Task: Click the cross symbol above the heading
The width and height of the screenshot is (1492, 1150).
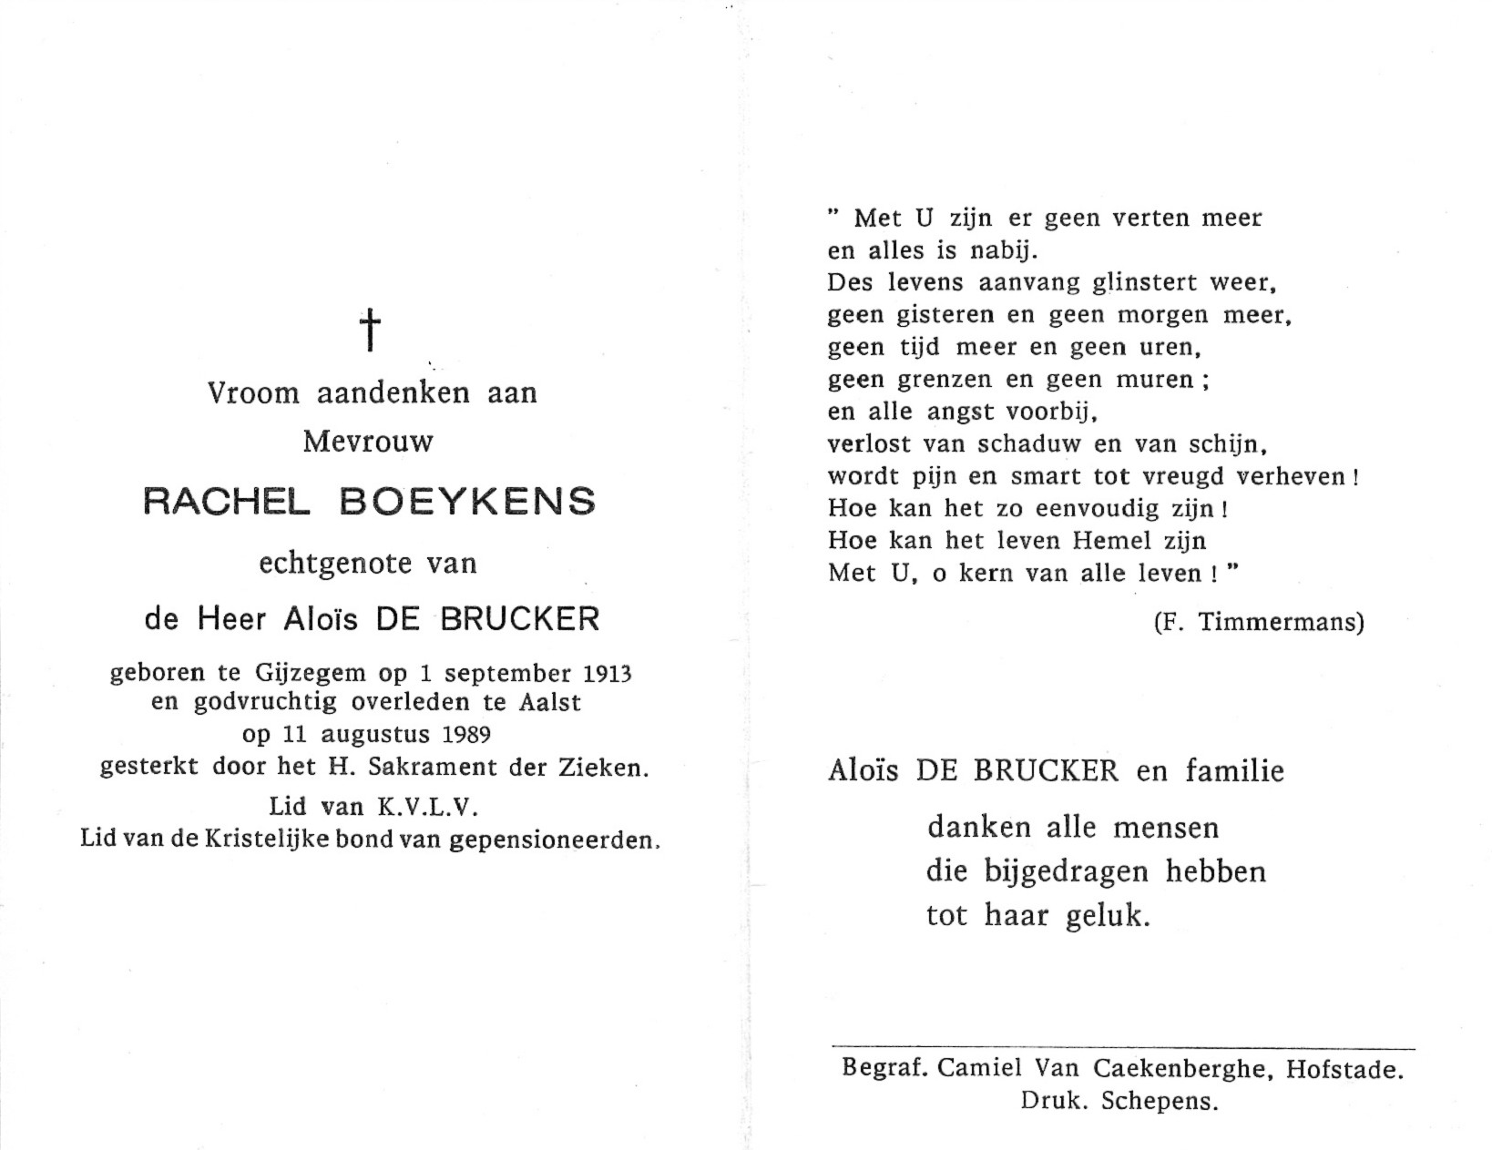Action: pyautogui.click(x=369, y=329)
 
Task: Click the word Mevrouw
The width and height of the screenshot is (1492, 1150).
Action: pyautogui.click(x=368, y=442)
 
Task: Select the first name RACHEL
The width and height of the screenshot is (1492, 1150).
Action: pyautogui.click(x=224, y=503)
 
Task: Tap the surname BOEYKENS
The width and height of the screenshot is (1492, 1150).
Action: pyautogui.click(x=469, y=503)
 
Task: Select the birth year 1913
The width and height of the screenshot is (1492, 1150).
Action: pyautogui.click(x=605, y=674)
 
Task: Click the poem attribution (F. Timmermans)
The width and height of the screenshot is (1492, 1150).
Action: pyautogui.click(x=1258, y=623)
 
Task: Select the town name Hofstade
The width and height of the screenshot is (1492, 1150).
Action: pyautogui.click(x=1344, y=1070)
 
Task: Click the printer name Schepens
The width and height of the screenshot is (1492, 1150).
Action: pyautogui.click(x=1159, y=1102)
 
